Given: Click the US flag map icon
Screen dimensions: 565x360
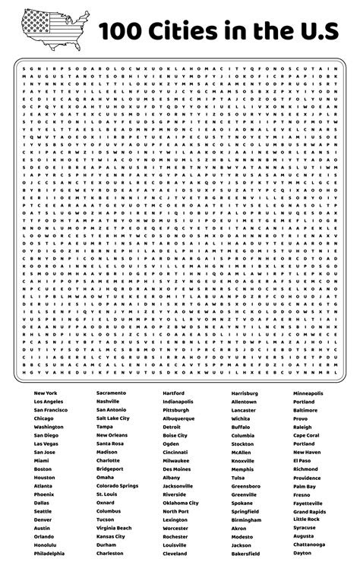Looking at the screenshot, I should (x=50, y=30).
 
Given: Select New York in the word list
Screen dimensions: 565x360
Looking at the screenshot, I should (x=46, y=393).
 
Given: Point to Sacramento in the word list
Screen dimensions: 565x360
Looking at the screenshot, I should (x=111, y=393).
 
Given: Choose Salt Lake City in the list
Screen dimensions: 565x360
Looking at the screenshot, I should (x=113, y=418).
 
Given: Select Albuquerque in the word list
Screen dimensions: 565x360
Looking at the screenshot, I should (x=178, y=418).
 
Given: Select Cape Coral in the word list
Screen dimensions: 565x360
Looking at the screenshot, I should (x=306, y=435).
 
